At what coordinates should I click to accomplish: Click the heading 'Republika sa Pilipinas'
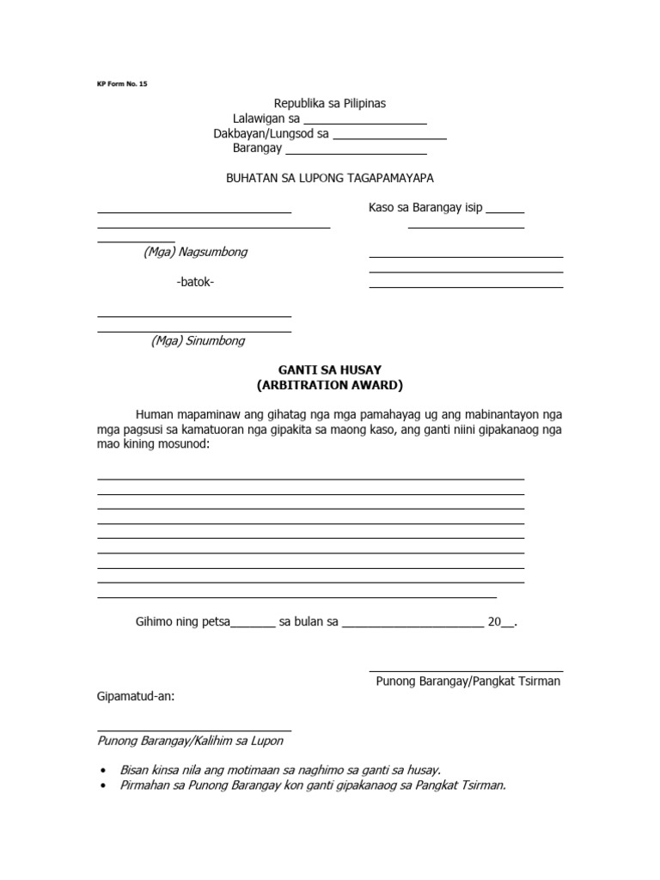(330, 103)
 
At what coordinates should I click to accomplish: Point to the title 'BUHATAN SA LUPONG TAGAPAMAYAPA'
(330, 178)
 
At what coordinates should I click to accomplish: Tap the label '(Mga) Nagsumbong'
(196, 252)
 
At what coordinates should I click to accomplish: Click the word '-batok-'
(195, 283)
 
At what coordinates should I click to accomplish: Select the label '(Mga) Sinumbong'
(198, 340)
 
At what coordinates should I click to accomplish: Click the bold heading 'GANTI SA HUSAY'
(330, 370)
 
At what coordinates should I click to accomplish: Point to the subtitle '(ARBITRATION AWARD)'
(330, 385)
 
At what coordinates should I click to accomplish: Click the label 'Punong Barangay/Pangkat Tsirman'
(467, 681)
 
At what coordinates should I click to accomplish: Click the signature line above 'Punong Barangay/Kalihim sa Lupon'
(194, 730)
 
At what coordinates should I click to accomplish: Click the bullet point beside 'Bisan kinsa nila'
(104, 771)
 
